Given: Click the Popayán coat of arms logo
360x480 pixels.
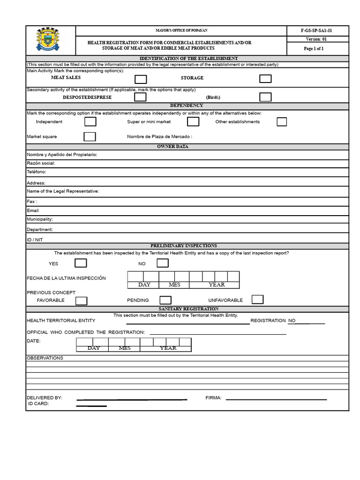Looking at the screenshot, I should (x=48, y=40).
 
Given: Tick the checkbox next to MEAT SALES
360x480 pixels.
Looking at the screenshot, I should (x=141, y=79).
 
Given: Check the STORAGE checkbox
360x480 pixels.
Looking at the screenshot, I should (x=265, y=78).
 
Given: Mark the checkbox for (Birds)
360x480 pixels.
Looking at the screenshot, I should (x=265, y=97).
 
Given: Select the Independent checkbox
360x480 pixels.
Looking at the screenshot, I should (x=90, y=122).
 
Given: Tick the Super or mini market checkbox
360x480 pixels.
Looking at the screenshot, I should (x=193, y=122).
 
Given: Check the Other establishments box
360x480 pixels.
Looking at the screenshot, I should (x=282, y=122).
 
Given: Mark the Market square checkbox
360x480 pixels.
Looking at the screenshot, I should (x=90, y=137).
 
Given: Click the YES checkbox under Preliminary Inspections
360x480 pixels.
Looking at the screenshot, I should (x=81, y=263).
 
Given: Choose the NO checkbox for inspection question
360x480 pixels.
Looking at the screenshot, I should (x=160, y=263).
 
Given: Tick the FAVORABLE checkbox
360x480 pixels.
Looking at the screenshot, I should (x=81, y=300).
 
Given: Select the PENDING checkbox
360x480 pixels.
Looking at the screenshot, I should (x=165, y=300).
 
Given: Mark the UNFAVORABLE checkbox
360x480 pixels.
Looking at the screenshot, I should (x=257, y=300).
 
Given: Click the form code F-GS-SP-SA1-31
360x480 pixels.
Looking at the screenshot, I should (x=316, y=30).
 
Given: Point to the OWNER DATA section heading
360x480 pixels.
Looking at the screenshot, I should (x=187, y=147).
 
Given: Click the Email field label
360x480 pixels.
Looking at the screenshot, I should (x=33, y=210).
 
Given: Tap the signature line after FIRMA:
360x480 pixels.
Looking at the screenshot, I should (x=276, y=399).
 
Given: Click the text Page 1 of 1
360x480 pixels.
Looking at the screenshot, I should (x=314, y=49).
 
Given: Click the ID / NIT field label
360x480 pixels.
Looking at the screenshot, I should (x=35, y=240).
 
